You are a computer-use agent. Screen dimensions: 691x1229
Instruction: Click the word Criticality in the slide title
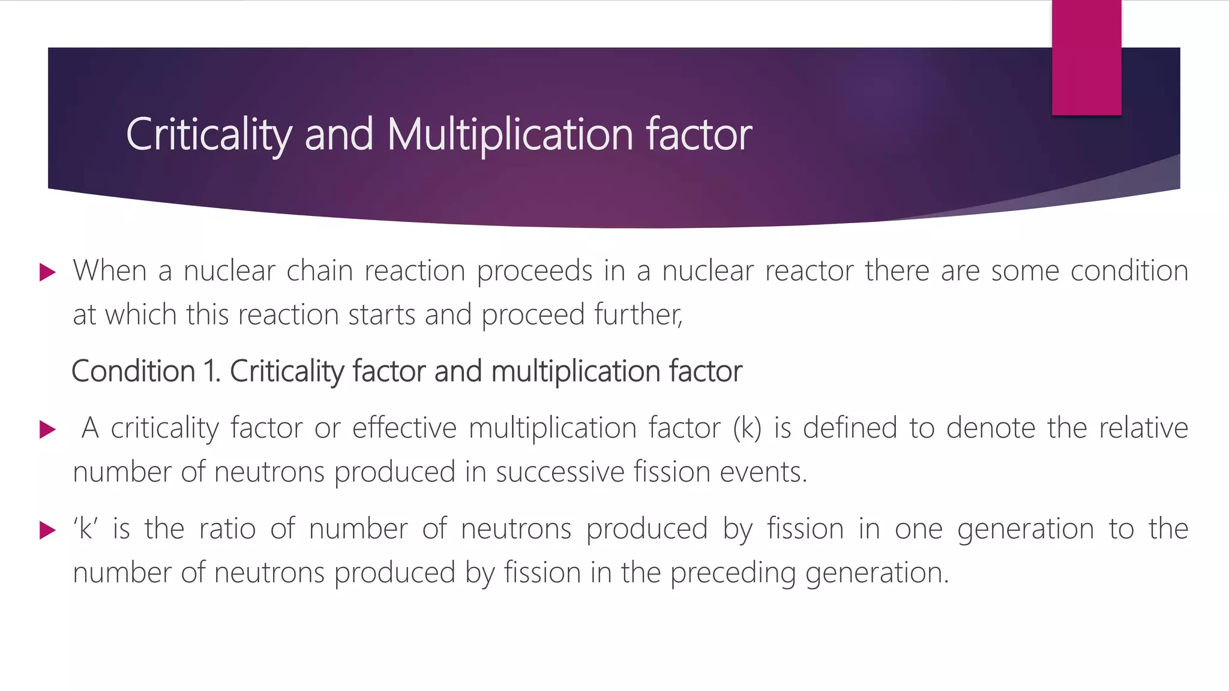point(209,134)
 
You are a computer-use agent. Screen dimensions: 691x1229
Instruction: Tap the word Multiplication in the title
point(510,134)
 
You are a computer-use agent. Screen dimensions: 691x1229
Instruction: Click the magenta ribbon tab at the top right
point(1086,58)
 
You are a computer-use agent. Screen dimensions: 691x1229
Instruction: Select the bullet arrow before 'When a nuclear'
point(47,272)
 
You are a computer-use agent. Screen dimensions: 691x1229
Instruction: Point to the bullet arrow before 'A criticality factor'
point(47,429)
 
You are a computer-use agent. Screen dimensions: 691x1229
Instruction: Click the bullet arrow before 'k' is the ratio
point(47,530)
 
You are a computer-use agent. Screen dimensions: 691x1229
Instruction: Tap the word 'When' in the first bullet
point(110,271)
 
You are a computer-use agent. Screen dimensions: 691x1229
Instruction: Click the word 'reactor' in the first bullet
point(809,271)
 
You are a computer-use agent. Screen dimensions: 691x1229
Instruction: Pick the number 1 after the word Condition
point(211,371)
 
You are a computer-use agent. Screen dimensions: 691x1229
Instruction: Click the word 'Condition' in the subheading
point(133,371)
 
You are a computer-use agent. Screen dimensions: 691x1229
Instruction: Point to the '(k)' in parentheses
point(747,428)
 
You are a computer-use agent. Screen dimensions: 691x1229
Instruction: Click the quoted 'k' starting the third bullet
point(85,529)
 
